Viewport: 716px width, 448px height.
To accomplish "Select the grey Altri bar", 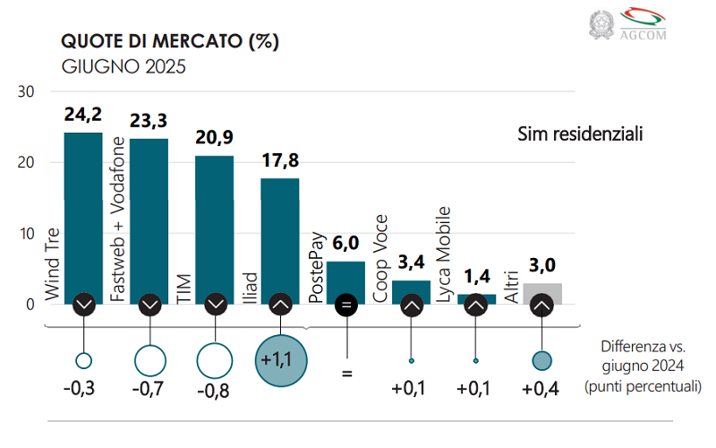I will coord(541,291).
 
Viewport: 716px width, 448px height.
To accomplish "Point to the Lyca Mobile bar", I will coord(476,297).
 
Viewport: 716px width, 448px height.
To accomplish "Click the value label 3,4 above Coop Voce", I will coord(411,265).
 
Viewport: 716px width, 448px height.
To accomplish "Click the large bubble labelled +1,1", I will coord(280,359).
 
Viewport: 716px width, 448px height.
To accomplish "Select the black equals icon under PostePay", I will coord(345,306).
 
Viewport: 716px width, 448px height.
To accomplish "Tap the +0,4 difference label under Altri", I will coord(541,390).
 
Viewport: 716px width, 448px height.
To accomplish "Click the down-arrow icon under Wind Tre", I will coord(83,306).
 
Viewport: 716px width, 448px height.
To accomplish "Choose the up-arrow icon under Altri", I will coord(541,306).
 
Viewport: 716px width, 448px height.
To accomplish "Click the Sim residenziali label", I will coord(581,134).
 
